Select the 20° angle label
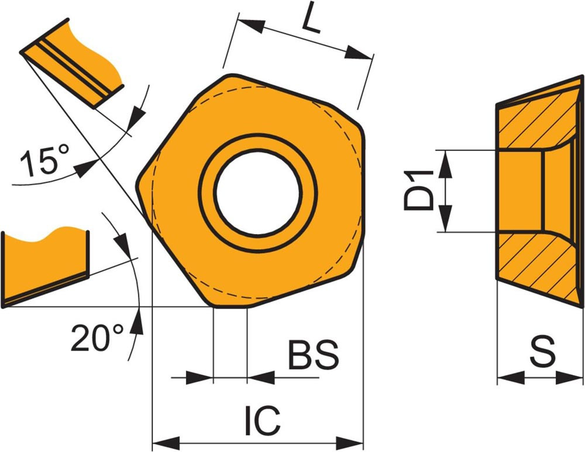(x=97, y=337)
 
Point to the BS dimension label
(x=314, y=354)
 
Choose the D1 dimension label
(x=419, y=190)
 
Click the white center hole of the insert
(x=258, y=194)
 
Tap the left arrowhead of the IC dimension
(x=166, y=443)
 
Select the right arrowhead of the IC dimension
(x=350, y=443)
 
